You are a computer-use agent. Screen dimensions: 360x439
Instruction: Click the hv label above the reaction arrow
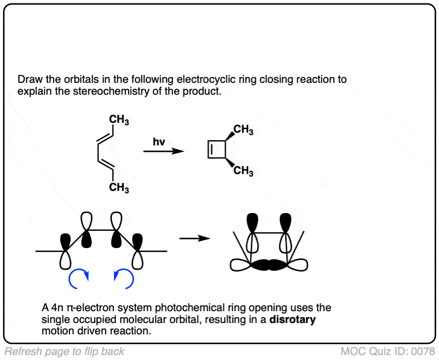click(x=158, y=142)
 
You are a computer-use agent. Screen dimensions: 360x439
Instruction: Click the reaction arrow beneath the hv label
click(x=160, y=151)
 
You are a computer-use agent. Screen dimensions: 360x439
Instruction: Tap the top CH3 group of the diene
click(x=119, y=119)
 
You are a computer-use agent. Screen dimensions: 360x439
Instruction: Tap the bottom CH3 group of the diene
click(x=119, y=187)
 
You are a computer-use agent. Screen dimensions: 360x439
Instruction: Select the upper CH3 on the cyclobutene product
click(x=243, y=131)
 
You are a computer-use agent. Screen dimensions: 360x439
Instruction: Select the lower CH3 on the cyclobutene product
click(x=243, y=172)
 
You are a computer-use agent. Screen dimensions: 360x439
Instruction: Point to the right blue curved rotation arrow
click(x=124, y=280)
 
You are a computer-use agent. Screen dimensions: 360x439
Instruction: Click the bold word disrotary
click(x=293, y=320)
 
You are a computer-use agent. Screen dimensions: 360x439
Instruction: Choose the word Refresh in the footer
click(x=20, y=352)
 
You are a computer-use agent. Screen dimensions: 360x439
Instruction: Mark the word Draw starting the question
click(x=28, y=79)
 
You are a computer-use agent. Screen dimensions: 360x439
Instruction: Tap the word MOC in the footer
click(x=351, y=352)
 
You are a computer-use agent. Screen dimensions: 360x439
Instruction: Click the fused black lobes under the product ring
click(x=269, y=265)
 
